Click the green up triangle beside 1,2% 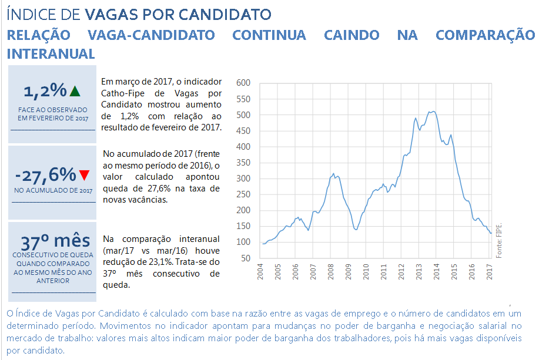74,91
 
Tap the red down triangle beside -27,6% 85,175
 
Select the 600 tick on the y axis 243,83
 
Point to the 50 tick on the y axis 245,258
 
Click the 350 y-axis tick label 243,163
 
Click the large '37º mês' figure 55,241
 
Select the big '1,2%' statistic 45,90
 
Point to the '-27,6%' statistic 46,174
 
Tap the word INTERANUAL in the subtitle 51,53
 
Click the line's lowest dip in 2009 356,229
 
